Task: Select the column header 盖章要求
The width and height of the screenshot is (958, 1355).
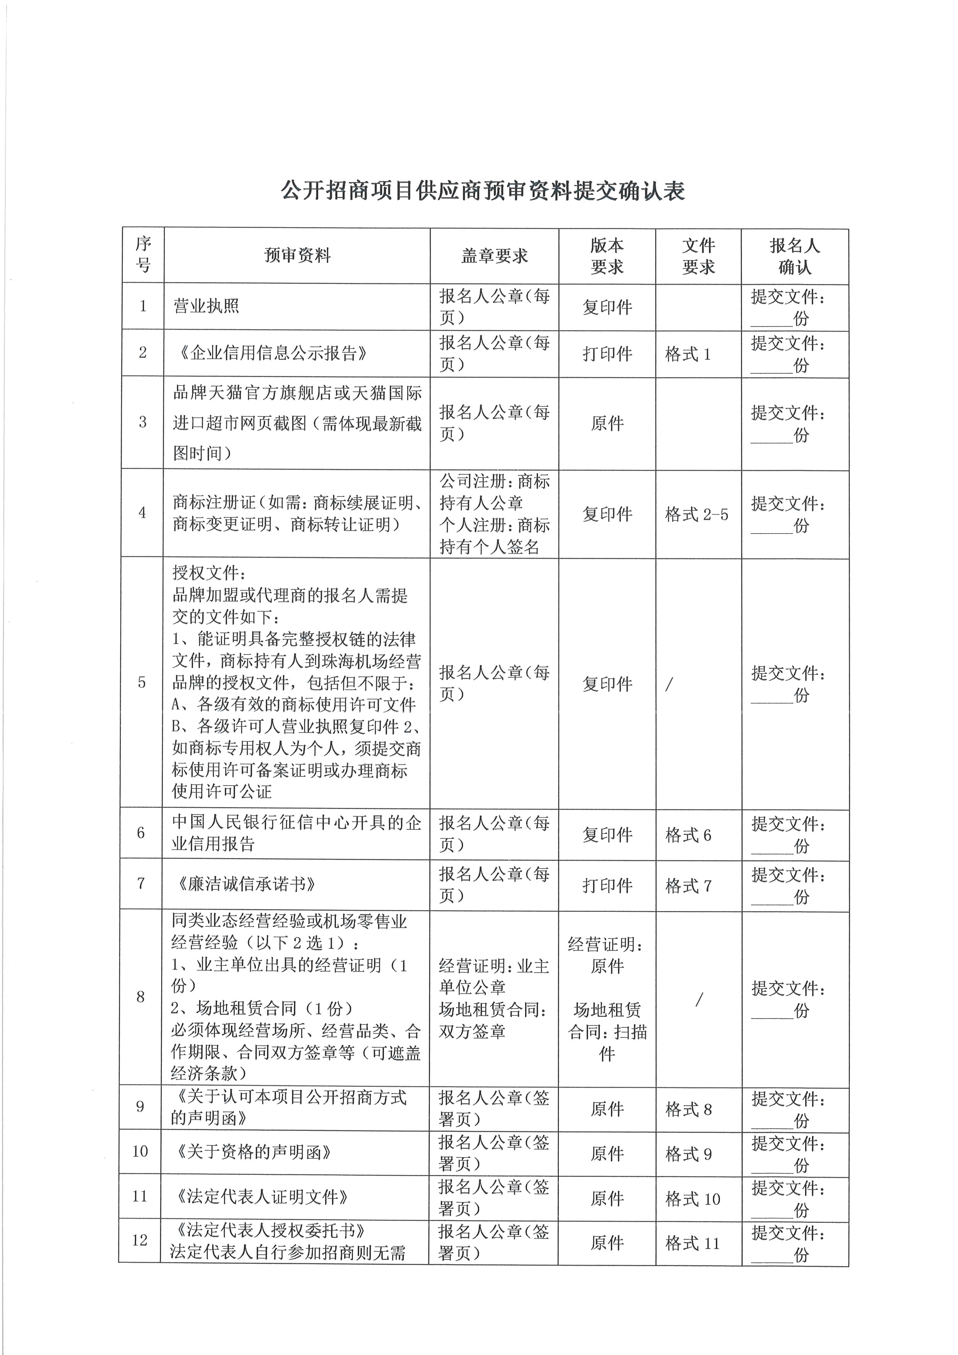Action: click(494, 255)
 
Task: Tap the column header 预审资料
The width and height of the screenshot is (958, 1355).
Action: click(297, 255)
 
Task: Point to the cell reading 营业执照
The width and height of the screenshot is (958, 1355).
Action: click(206, 306)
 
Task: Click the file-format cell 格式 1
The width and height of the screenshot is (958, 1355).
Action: click(688, 354)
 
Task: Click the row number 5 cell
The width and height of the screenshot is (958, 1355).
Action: click(142, 683)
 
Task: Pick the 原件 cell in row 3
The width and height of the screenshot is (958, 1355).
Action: click(607, 423)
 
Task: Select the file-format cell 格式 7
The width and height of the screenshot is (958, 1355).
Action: click(688, 885)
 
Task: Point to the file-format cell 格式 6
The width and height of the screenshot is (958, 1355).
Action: click(688, 835)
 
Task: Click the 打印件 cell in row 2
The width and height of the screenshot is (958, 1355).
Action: click(607, 354)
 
